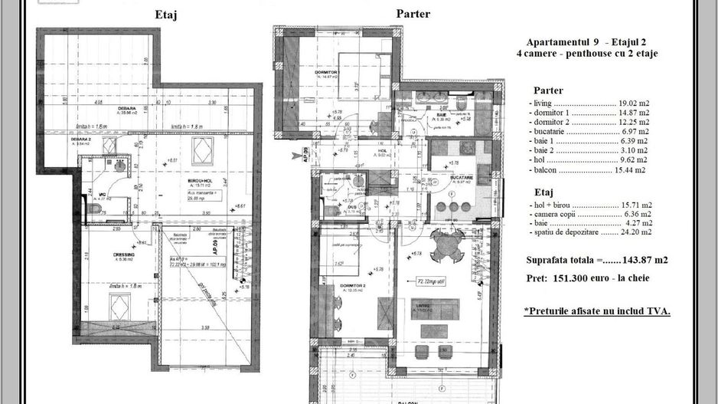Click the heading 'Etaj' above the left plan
pos(166,15)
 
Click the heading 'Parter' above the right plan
pos(413,14)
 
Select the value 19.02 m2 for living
pos(635,102)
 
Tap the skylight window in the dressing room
pos(119,308)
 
